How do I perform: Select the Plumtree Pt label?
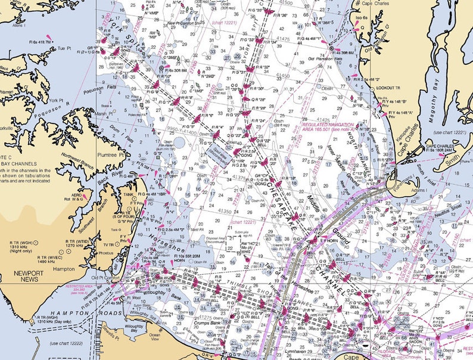pyautogui.click(x=110, y=154)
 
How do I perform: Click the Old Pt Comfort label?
pyautogui.click(x=105, y=277)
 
